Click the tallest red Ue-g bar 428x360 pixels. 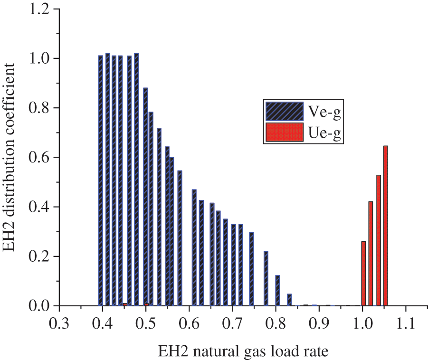[386, 226]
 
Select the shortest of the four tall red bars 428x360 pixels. [364, 274]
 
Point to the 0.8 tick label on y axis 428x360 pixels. [41, 108]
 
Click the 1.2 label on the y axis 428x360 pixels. [41, 9]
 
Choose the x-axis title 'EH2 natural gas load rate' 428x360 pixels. [243, 351]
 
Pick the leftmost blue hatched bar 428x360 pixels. [101, 180]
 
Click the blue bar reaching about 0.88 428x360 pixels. [145, 197]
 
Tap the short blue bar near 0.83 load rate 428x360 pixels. [289, 300]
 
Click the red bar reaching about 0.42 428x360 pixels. [371, 254]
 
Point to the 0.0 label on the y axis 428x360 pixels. [41, 306]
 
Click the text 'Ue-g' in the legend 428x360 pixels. [326, 133]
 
